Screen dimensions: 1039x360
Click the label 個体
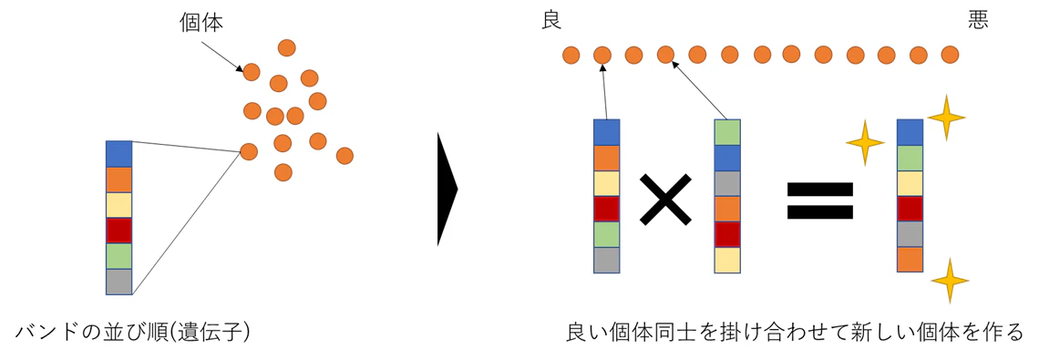point(201,23)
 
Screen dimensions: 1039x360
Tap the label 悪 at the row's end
point(978,22)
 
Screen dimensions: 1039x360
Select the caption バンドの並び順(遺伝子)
point(132,332)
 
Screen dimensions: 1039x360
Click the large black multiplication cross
point(665,199)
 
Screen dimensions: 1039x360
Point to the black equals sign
point(819,201)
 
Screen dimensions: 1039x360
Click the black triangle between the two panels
point(447,189)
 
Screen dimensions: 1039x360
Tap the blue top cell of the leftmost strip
point(119,154)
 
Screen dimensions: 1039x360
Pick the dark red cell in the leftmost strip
point(119,231)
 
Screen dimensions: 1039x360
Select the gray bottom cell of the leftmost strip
point(119,282)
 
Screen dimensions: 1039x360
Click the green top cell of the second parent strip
point(727,132)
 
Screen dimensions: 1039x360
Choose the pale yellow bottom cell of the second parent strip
point(727,260)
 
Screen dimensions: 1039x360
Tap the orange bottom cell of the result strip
point(910,259)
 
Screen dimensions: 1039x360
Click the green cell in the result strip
point(910,158)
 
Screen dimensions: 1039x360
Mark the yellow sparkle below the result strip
point(951,281)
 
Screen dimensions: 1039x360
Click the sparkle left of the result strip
point(865,142)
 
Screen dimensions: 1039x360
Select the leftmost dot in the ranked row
point(571,55)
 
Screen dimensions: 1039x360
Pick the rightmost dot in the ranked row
point(951,55)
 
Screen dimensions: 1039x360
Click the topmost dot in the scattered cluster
point(287,47)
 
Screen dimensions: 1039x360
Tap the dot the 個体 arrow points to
point(252,72)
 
